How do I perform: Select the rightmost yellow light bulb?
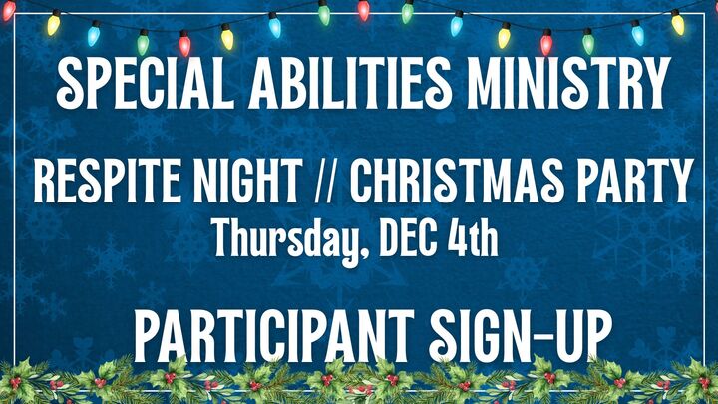(x=678, y=23)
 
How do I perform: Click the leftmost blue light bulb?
(x=94, y=36)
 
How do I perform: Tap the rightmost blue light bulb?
(x=637, y=35)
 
